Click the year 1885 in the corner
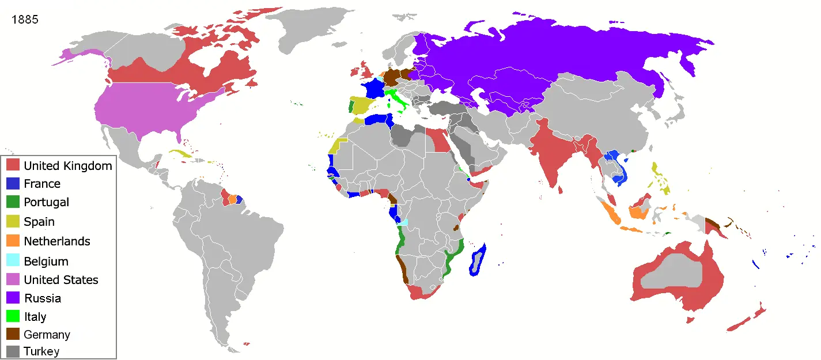pyautogui.click(x=25, y=20)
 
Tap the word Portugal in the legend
pyautogui.click(x=46, y=202)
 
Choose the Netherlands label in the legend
pyautogui.click(x=57, y=241)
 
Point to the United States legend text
pyautogui.click(x=61, y=280)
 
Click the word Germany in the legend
pyautogui.click(x=47, y=335)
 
